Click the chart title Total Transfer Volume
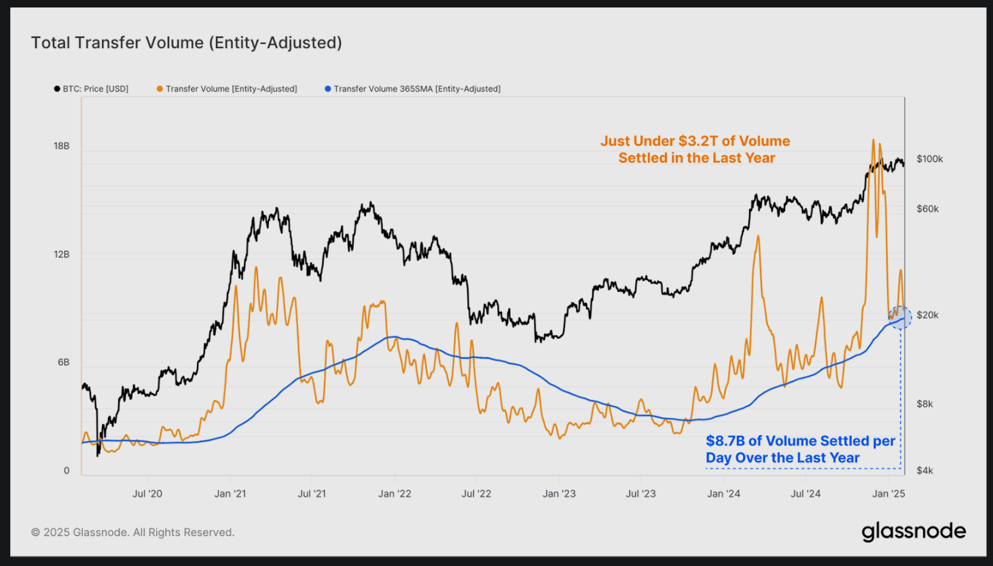pos(186,43)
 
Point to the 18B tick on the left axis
pos(62,146)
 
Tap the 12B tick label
pos(62,254)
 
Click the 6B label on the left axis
pos(64,362)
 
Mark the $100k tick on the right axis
pos(930,159)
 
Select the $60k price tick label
pos(928,209)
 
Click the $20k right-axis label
pos(928,315)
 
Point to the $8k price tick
pos(925,404)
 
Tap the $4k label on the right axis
pos(925,470)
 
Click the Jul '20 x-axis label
pos(147,493)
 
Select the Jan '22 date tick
pos(395,493)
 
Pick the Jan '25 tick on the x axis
pos(888,493)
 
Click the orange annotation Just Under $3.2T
pos(696,149)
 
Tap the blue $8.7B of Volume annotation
pos(800,449)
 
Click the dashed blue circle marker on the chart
pos(901,317)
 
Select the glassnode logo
pos(914,531)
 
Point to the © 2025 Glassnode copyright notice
pos(133,532)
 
